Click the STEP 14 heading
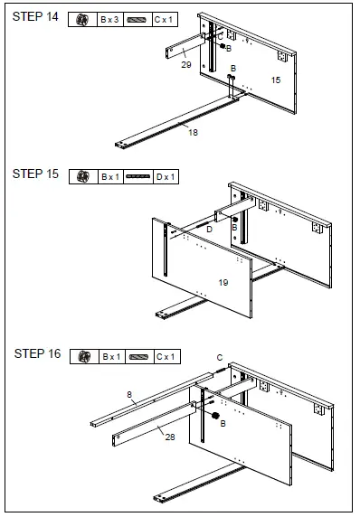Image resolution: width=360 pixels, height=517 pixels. pyautogui.click(x=35, y=16)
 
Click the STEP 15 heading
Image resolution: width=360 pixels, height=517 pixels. pyautogui.click(x=35, y=174)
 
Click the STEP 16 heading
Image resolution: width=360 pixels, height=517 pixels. pyautogui.click(x=37, y=353)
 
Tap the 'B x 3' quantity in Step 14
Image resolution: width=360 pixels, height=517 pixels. pyautogui.click(x=109, y=20)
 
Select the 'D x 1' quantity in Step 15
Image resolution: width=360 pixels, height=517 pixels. pyautogui.click(x=166, y=177)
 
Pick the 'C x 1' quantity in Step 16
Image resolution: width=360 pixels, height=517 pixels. pyautogui.click(x=166, y=357)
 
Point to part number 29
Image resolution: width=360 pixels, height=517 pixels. pyautogui.click(x=186, y=65)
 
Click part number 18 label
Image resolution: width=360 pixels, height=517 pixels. pyautogui.click(x=193, y=133)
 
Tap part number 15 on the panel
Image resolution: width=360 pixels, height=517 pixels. pyautogui.click(x=276, y=80)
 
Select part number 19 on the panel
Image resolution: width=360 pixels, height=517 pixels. pyautogui.click(x=223, y=283)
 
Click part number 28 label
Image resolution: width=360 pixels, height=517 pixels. pyautogui.click(x=170, y=437)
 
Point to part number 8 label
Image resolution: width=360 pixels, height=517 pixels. pyautogui.click(x=129, y=394)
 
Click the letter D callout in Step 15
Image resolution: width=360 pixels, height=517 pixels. pyautogui.click(x=209, y=230)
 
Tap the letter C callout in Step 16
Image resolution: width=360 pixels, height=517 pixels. pyautogui.click(x=220, y=357)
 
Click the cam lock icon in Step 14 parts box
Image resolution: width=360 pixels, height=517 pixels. pyautogui.click(x=82, y=20)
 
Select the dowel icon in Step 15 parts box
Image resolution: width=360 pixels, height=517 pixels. pyautogui.click(x=138, y=177)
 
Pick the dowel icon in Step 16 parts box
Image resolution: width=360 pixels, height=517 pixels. pyautogui.click(x=139, y=357)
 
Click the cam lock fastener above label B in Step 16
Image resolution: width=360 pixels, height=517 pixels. pyautogui.click(x=215, y=416)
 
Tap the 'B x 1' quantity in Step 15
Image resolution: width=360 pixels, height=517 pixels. pyautogui.click(x=110, y=177)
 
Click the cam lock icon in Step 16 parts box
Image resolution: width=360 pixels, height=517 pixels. pyautogui.click(x=84, y=357)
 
